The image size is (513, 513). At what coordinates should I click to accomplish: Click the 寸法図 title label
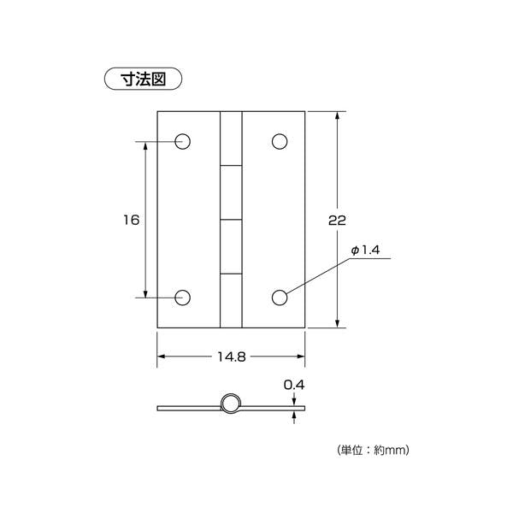coord(143,79)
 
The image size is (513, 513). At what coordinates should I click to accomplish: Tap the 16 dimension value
coord(131,220)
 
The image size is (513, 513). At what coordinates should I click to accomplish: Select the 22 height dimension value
coord(337,221)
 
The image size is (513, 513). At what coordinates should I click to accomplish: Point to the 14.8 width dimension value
coord(232,357)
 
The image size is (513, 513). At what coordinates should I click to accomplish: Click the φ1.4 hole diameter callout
coord(365,251)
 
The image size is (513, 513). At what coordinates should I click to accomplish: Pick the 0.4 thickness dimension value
coord(294,385)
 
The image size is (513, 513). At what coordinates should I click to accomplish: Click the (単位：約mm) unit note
coord(373,451)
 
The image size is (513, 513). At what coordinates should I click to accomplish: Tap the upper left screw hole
coord(183,142)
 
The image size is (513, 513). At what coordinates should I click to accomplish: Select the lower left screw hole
coord(183,298)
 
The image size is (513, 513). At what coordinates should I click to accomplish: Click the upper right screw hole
coord(280,142)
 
